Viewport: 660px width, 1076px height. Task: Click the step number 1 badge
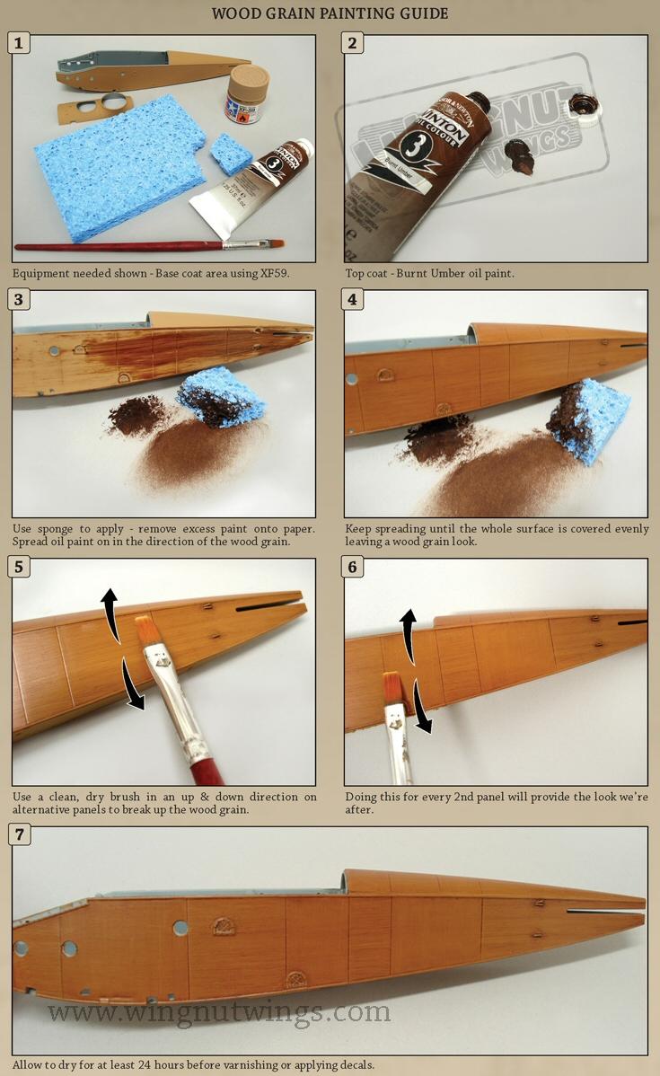[20, 42]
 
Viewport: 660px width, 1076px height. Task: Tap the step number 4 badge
[353, 298]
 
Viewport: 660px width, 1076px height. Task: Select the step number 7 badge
[20, 834]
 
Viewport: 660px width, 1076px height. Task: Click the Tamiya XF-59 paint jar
[246, 93]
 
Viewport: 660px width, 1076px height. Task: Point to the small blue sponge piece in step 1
[231, 154]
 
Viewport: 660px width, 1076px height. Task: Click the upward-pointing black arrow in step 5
[110, 611]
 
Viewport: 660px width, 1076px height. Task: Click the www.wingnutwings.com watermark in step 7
[219, 1012]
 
